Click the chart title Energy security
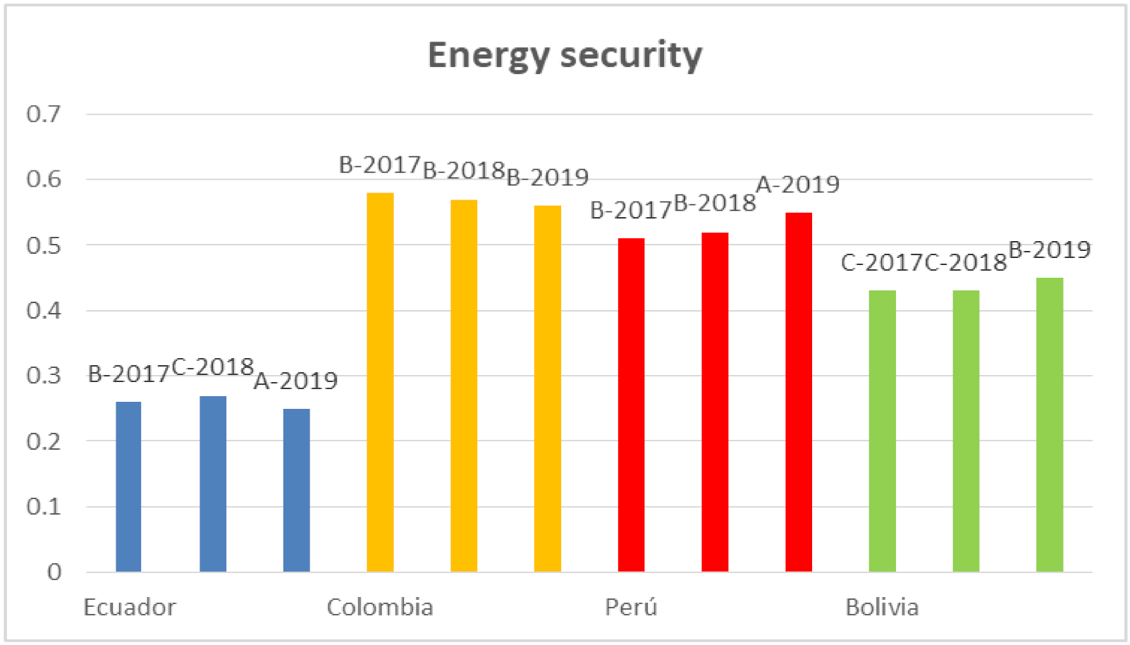click(x=565, y=55)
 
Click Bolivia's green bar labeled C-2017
click(x=882, y=431)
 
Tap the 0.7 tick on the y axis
click(x=44, y=113)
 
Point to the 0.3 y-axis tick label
click(x=44, y=376)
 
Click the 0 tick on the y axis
click(x=54, y=572)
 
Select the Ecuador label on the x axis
click(x=130, y=607)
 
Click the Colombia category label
click(x=380, y=607)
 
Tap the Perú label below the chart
click(x=631, y=607)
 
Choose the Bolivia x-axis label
click(x=882, y=607)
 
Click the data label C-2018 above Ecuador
click(x=212, y=367)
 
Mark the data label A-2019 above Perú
click(x=797, y=185)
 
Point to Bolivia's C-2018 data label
click(x=965, y=262)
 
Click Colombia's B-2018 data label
click(x=464, y=170)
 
